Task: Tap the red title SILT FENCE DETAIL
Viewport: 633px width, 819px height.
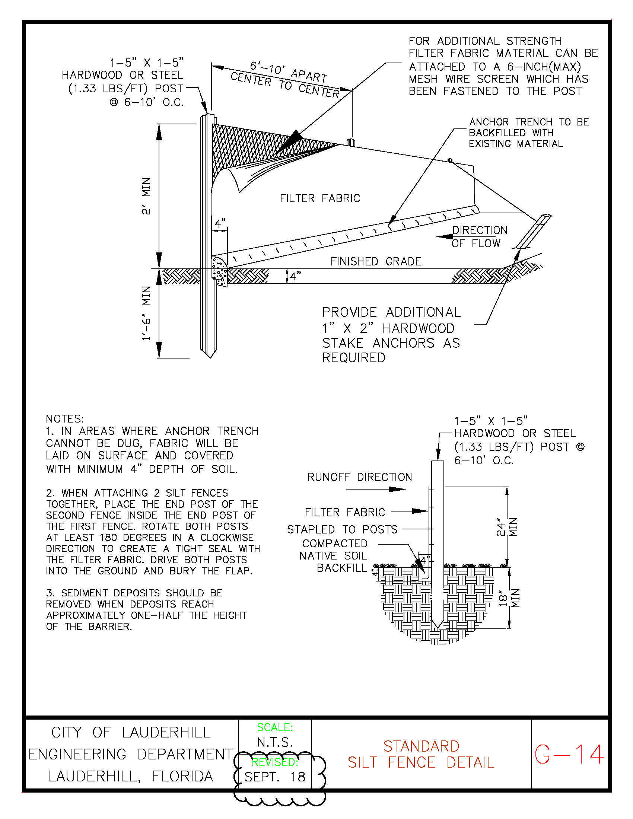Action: [x=421, y=762]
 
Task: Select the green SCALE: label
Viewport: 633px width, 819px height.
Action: [x=274, y=727]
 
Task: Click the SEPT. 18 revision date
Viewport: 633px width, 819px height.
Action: [x=274, y=777]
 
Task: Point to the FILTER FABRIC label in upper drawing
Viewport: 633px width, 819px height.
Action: [x=320, y=198]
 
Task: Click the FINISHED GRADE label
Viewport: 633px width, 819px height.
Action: [x=376, y=261]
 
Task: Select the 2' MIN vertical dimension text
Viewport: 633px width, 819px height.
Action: [x=146, y=196]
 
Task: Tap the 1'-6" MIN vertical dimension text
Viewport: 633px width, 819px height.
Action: [x=146, y=313]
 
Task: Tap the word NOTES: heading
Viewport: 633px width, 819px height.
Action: [x=64, y=418]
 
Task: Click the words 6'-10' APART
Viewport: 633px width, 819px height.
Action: [x=288, y=72]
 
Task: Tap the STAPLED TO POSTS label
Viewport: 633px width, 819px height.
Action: [x=342, y=529]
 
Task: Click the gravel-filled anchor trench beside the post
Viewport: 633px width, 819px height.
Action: [x=220, y=271]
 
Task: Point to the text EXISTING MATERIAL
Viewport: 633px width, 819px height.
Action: [x=516, y=144]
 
